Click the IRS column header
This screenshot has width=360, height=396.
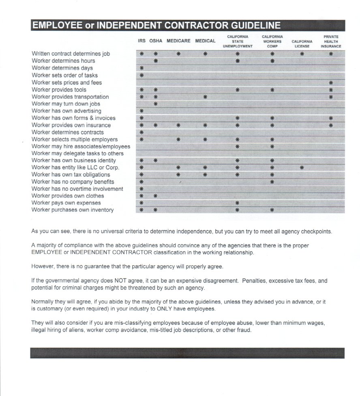tap(141, 41)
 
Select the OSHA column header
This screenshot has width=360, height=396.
tap(156, 41)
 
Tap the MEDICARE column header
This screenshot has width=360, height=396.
tap(178, 41)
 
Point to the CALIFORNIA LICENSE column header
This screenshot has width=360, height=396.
tap(302, 44)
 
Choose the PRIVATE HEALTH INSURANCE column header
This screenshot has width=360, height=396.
tap(331, 41)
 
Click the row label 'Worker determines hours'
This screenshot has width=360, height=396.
tap(63, 61)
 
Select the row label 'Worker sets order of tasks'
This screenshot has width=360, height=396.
tap(64, 75)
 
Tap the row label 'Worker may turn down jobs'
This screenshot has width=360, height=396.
tap(66, 104)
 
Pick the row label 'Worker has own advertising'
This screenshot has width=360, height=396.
tap(66, 111)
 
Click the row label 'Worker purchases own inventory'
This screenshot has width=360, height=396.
tap(73, 210)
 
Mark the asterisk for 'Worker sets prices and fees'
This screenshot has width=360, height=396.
tap(331, 83)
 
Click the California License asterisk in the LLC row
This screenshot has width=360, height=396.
tap(302, 167)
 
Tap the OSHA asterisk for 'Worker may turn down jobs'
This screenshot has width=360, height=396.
tap(156, 104)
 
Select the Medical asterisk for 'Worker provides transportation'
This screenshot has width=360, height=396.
tap(205, 97)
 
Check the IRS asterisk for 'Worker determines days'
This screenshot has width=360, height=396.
tap(141, 68)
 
